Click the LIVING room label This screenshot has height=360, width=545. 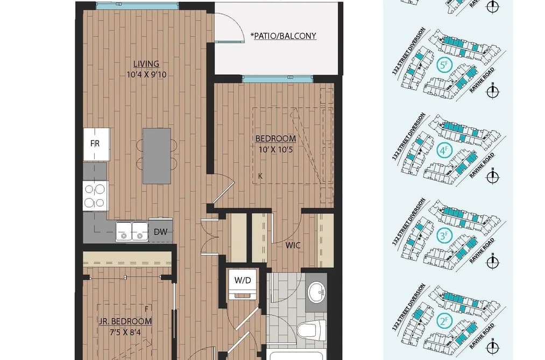[x=146, y=64]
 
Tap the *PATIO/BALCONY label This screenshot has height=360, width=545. [x=284, y=36]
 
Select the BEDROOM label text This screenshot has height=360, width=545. [x=275, y=139]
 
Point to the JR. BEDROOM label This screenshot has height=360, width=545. [x=125, y=321]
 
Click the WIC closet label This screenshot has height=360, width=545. [x=293, y=245]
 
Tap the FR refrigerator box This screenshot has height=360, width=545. [x=96, y=144]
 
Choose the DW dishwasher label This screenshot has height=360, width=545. [x=160, y=232]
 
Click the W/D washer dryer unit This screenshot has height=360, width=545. [x=243, y=283]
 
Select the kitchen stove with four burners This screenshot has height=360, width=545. [x=96, y=196]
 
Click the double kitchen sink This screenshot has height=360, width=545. [x=132, y=231]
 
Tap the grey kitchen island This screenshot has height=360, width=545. [x=157, y=156]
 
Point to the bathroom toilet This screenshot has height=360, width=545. [x=312, y=328]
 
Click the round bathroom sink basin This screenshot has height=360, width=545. [x=316, y=290]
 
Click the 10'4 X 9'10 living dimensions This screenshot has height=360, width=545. [x=146, y=74]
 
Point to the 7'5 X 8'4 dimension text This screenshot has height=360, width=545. [x=125, y=333]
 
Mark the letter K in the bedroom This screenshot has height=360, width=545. [x=260, y=176]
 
